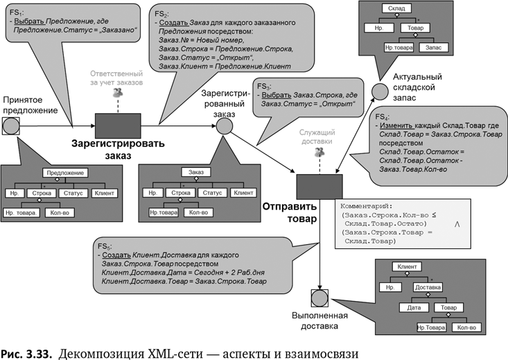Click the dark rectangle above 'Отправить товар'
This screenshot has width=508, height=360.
click(x=319, y=186)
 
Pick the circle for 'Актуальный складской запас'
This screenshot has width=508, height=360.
click(x=378, y=90)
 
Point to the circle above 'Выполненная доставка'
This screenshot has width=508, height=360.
click(x=319, y=298)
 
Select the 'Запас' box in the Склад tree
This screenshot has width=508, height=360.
click(x=434, y=47)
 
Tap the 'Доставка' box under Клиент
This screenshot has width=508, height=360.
click(x=427, y=286)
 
